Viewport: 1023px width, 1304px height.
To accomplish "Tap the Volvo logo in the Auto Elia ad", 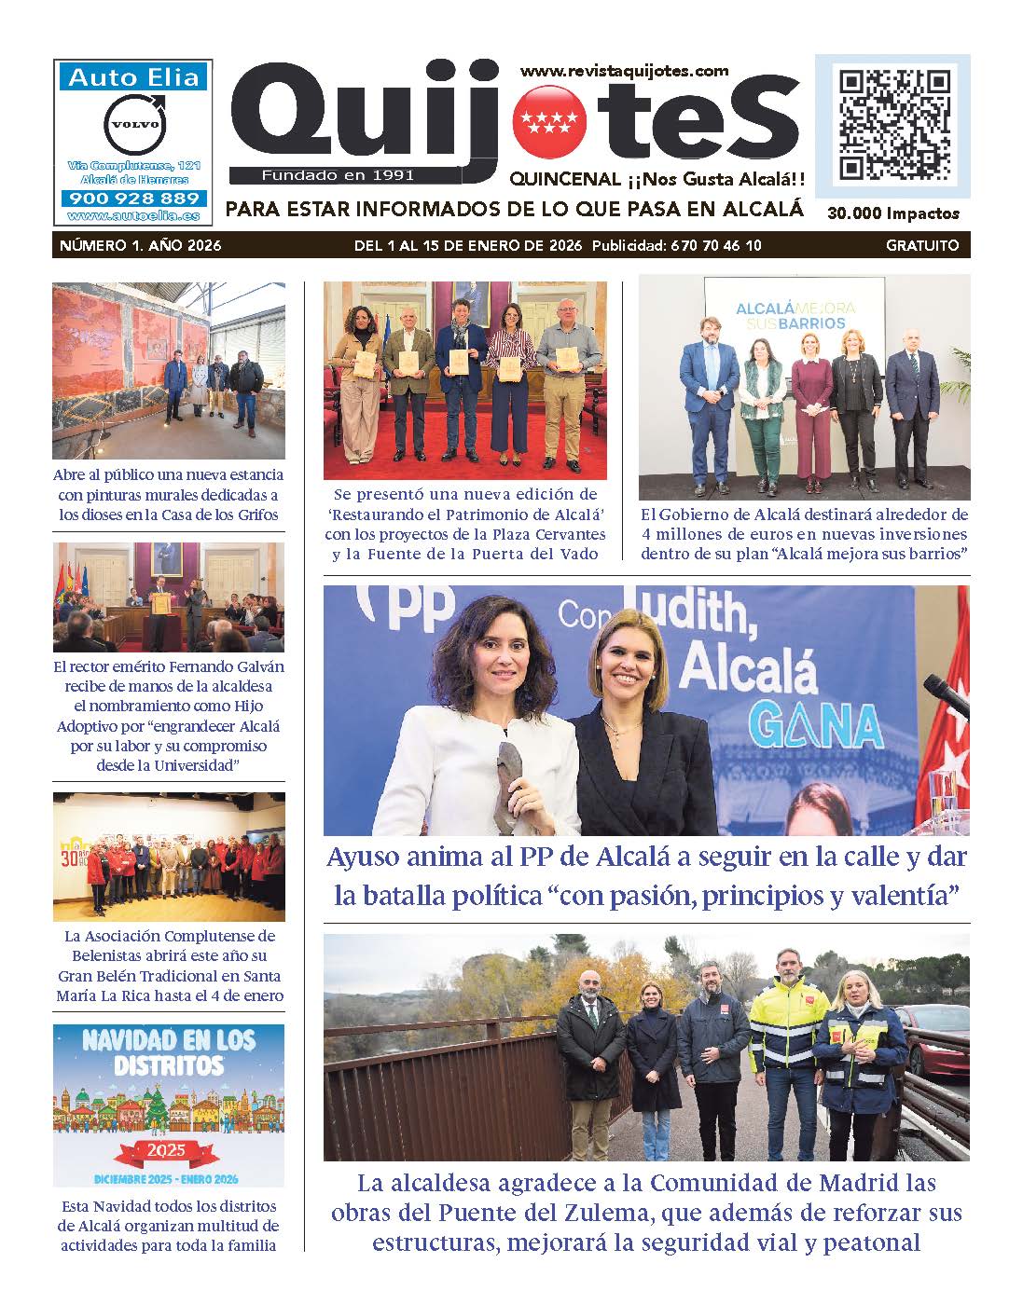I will pos(134,124).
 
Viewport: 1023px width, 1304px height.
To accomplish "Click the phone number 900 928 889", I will pos(134,199).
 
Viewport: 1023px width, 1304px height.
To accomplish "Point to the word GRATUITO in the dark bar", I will pos(922,246).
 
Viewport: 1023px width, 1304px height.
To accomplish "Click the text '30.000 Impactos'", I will pos(892,213).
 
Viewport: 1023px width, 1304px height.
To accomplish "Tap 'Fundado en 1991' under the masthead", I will pos(338,175).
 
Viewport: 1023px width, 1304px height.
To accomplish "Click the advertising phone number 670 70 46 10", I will pos(715,246).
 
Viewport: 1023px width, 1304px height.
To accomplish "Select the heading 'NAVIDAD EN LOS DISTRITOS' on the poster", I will pos(168,1050).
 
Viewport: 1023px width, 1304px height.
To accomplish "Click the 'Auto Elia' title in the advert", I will pos(134,77).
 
